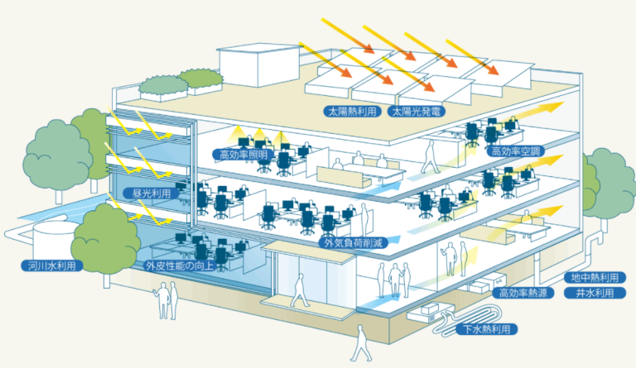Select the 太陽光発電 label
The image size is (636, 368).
tap(420, 109)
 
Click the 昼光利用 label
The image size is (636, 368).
tap(152, 193)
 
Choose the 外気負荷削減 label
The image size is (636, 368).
tap(353, 242)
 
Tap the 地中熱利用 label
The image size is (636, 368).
tap(595, 277)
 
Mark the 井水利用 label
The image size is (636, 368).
tap(595, 294)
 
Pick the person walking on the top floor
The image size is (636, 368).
tap(430, 156)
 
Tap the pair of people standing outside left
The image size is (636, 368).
tap(168, 299)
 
